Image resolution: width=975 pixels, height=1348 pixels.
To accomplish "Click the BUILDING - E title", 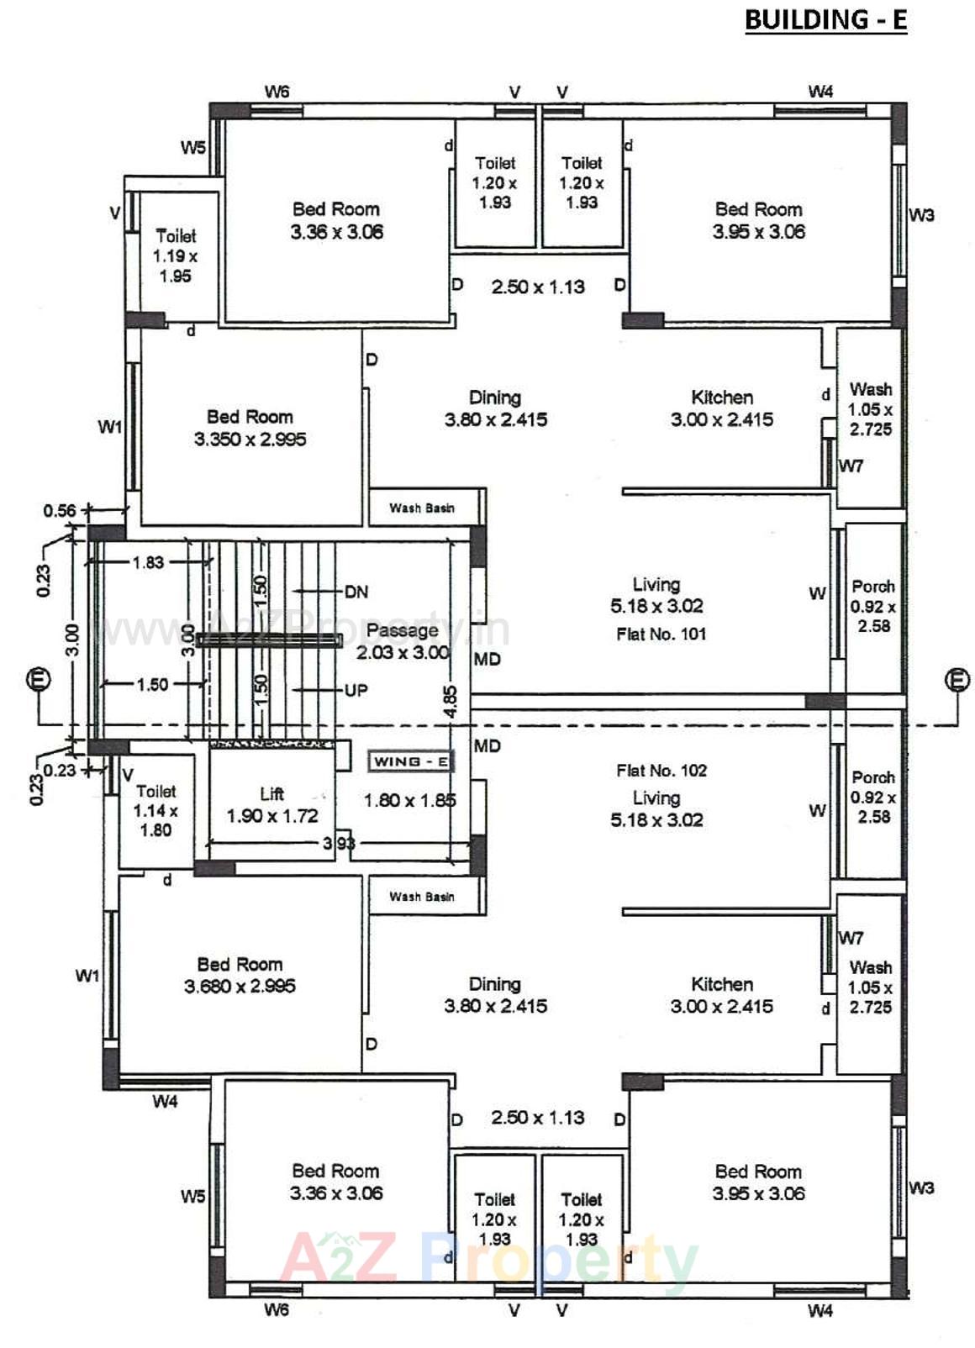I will click(825, 20).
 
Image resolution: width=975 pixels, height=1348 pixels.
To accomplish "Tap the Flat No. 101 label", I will click(661, 635).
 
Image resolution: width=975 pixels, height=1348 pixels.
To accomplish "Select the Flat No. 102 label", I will click(661, 771).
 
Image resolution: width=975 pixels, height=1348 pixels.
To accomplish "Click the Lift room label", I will click(271, 804).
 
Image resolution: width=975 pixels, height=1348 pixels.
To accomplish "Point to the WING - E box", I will click(410, 762).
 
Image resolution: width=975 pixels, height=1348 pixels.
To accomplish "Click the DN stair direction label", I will click(356, 592).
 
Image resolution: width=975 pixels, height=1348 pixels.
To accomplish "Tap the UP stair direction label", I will click(356, 690).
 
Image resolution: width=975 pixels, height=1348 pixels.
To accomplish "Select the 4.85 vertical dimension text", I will click(451, 702).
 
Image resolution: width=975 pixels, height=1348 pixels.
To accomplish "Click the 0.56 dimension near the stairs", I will click(59, 511).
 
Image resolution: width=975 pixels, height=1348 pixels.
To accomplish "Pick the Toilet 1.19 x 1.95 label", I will click(176, 255).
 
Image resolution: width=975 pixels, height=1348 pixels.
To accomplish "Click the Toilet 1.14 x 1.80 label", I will click(155, 810).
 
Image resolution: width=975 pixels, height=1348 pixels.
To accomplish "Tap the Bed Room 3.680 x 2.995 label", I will click(240, 975).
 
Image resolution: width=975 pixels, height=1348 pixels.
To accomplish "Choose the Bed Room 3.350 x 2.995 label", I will click(250, 428).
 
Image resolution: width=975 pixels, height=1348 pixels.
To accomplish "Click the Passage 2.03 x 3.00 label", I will click(403, 641).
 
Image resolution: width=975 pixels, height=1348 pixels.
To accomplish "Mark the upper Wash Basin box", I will click(422, 508).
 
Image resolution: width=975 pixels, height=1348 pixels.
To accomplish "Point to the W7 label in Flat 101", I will click(851, 466).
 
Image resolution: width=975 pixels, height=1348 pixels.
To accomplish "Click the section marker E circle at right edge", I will click(957, 679).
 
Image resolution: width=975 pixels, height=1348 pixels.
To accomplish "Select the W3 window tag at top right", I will click(921, 215).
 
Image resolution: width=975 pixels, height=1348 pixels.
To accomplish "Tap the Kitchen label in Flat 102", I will click(722, 994).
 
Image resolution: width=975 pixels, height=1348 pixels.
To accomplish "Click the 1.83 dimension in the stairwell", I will click(148, 562).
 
